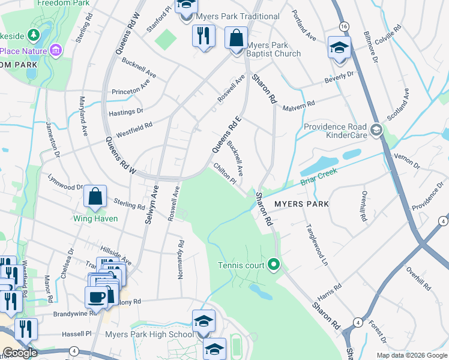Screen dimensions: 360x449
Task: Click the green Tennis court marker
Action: [274, 264]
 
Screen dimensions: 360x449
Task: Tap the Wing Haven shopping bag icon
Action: [95, 197]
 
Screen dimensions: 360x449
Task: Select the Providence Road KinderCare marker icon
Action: [376, 130]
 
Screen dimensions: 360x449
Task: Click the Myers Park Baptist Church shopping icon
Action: [237, 38]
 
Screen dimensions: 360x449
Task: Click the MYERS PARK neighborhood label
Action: [301, 204]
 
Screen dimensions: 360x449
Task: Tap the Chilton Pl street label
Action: [222, 172]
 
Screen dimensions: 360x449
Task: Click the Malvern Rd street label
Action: [302, 104]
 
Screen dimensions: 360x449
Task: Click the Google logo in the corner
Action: [20, 352]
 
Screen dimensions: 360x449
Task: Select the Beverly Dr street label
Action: [340, 77]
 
